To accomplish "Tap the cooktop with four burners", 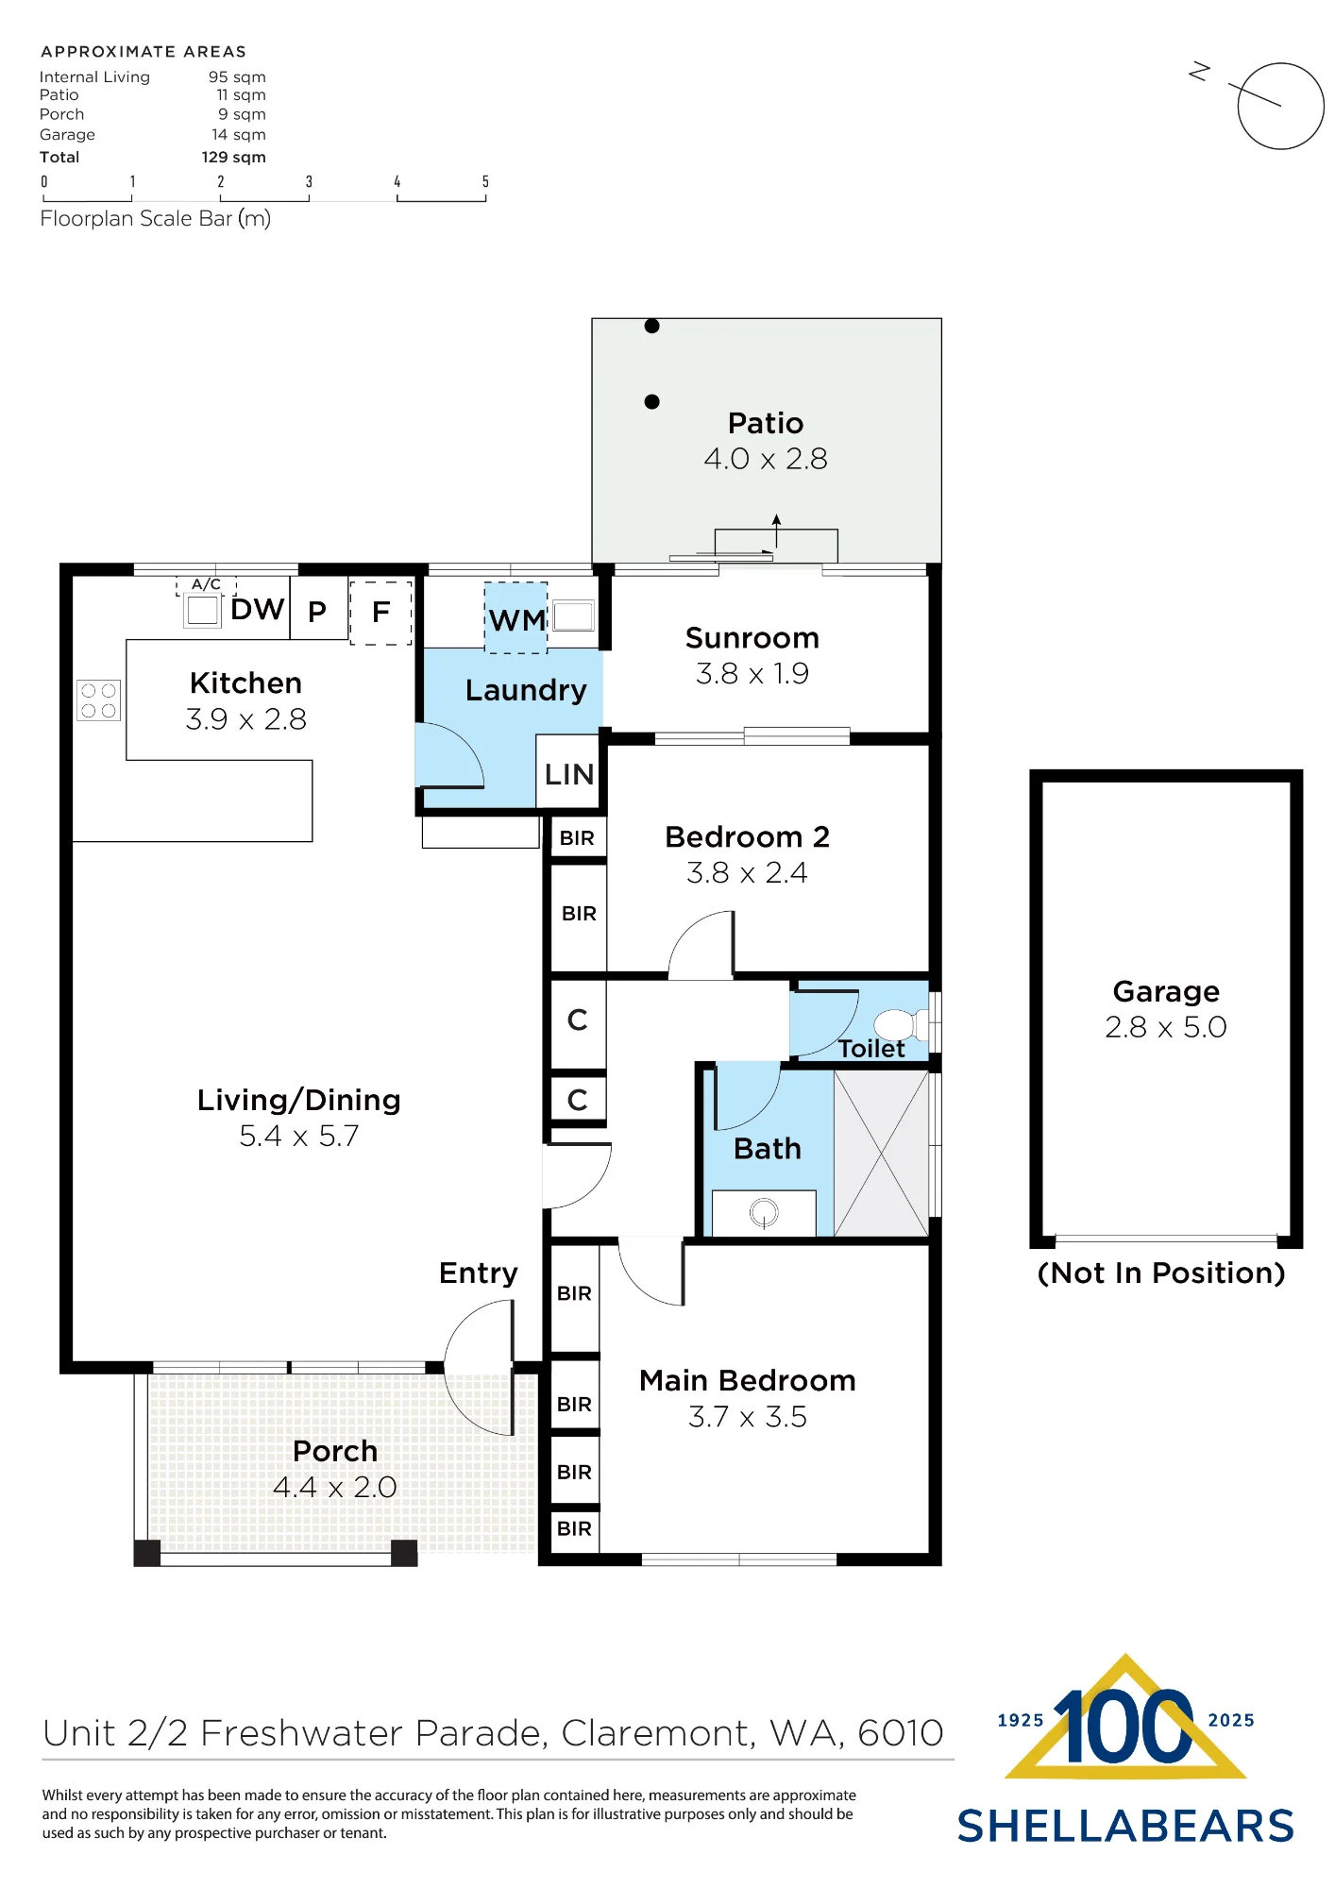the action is pos(98,700).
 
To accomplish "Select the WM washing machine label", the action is pos(516,620).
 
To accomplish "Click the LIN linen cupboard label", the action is pos(569,775).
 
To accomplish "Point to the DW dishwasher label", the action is pos(257,610).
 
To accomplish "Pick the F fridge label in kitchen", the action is pos(380,612).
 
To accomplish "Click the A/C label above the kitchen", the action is pos(206,584).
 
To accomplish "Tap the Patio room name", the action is pos(766,423).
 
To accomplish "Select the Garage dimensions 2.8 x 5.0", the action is pos(1166,1027).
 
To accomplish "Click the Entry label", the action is pos(479,1273).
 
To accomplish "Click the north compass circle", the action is pos(1281,106).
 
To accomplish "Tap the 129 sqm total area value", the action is pos(233,158).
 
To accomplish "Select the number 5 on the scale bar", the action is pos(485,181).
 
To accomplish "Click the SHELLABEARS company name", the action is pos(1125,1827).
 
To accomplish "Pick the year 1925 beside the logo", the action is pos(1021,1721).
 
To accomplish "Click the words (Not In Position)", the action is pos(1161,1273).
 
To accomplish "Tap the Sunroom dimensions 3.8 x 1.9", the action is pos(752,674).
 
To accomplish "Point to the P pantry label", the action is pos(317,612).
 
